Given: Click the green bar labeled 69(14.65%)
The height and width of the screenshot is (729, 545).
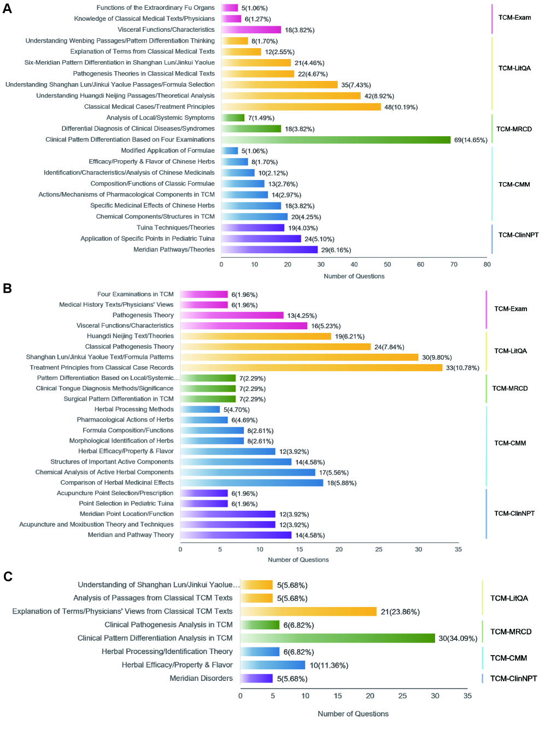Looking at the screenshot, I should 336,140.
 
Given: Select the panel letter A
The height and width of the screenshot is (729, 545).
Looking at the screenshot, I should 7,9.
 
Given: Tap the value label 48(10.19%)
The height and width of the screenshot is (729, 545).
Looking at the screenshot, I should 401,107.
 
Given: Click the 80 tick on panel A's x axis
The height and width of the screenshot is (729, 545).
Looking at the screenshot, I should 487,265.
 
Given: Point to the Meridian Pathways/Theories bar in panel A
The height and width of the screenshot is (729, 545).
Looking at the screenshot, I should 269,250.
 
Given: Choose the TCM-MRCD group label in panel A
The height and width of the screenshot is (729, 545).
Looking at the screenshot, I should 514,129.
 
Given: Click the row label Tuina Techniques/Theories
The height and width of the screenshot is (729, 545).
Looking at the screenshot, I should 175,228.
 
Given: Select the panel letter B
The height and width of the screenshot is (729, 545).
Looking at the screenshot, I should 7,288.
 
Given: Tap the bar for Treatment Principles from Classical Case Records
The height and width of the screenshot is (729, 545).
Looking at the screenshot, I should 311,368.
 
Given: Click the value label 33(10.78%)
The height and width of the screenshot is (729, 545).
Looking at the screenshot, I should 462,368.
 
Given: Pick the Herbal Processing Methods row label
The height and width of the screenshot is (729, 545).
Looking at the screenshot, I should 134,409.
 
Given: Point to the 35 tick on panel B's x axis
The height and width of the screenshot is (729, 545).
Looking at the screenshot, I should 458,550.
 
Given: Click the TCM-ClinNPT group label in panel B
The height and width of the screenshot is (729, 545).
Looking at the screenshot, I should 514,514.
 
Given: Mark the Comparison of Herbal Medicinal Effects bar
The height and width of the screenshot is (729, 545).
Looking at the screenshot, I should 251,483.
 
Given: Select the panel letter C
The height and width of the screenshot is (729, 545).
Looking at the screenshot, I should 8,576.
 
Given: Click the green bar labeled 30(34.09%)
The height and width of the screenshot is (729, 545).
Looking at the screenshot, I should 337,638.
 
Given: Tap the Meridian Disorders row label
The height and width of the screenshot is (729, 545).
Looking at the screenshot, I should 201,678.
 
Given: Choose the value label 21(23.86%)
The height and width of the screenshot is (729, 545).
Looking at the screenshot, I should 400,612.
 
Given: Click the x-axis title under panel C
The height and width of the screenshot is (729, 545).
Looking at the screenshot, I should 353,714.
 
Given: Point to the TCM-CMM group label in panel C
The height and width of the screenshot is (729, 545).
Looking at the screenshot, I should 508,658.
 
